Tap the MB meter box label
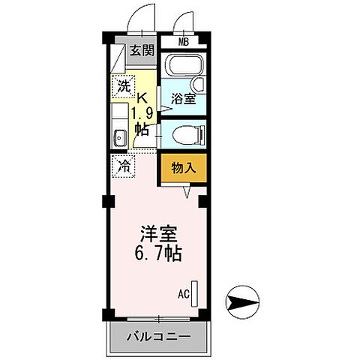184,42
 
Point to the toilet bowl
184,136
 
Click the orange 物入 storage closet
180,169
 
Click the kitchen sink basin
119,137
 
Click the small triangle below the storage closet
188,192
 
